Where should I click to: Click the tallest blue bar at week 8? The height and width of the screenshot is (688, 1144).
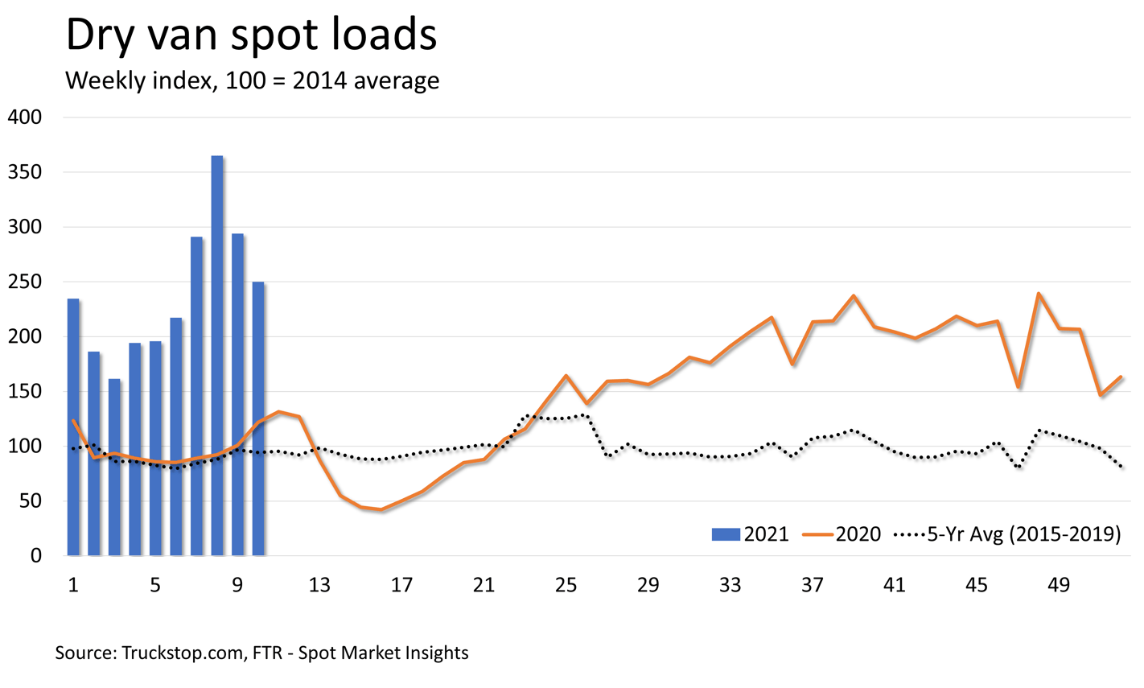pyautogui.click(x=217, y=354)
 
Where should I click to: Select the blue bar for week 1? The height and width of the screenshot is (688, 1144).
pyautogui.click(x=73, y=426)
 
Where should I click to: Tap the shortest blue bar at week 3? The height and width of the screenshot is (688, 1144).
pyautogui.click(x=114, y=467)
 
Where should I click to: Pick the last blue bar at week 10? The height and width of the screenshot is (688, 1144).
pyautogui.click(x=258, y=418)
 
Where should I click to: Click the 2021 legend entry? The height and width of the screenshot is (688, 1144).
pyautogui.click(x=750, y=534)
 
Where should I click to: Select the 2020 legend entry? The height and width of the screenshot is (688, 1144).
pyautogui.click(x=842, y=534)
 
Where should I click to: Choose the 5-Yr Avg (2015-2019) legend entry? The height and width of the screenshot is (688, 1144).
pyautogui.click(x=1007, y=534)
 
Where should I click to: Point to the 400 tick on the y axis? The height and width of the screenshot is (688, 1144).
pyautogui.click(x=24, y=117)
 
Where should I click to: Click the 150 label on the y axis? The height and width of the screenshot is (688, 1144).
pyautogui.click(x=24, y=392)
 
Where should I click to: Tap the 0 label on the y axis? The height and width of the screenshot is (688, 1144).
pyautogui.click(x=36, y=556)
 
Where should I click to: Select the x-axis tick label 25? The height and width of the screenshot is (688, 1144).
pyautogui.click(x=566, y=585)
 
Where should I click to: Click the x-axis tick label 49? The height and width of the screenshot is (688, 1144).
pyautogui.click(x=1059, y=585)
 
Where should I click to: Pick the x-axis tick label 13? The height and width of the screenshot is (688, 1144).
pyautogui.click(x=319, y=585)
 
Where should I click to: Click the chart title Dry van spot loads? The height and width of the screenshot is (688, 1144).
pyautogui.click(x=250, y=36)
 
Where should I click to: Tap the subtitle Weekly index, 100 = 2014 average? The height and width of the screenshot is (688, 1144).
pyautogui.click(x=252, y=80)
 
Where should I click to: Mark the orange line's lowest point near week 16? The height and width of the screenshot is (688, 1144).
pyautogui.click(x=381, y=509)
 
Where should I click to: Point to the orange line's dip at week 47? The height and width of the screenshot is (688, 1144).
pyautogui.click(x=1018, y=387)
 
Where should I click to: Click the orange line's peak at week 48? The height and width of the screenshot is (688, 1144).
pyautogui.click(x=1039, y=294)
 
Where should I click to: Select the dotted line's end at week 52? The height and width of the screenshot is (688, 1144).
pyautogui.click(x=1121, y=466)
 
